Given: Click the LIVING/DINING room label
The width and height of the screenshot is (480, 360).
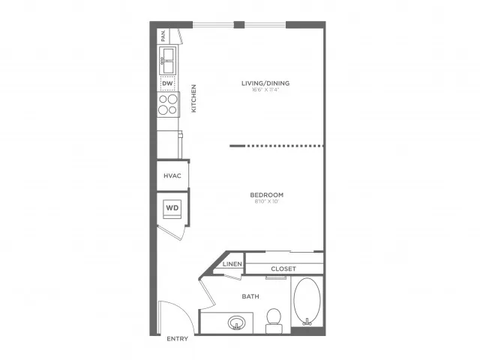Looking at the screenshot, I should point(265,83).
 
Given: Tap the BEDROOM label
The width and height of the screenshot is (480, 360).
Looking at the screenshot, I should point(266,195).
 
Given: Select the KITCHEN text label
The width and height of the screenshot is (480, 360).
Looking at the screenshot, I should point(193,97).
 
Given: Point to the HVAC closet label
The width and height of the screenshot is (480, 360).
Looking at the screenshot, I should point(172,175).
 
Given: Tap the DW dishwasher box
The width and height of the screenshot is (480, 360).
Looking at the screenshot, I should point(168,83).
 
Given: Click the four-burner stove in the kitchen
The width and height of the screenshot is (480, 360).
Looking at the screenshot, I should point(168,103).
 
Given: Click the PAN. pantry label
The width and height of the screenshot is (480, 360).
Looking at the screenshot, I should point(163,35).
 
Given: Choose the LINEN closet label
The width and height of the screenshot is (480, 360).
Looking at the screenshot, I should point(231,265).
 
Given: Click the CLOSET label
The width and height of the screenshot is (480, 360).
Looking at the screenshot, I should point(283,268).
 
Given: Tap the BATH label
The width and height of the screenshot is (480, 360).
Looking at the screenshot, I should point(250,296).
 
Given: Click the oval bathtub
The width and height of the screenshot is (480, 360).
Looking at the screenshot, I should point(306,301).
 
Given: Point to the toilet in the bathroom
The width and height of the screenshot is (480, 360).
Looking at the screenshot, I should point(274,319).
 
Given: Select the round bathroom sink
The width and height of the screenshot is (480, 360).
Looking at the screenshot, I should point(237,323).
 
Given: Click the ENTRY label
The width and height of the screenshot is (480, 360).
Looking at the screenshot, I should point(178,339).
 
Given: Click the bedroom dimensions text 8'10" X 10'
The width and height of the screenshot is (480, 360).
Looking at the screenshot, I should point(266,202).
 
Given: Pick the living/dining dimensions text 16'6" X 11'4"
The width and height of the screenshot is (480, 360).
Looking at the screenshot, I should point(265,91).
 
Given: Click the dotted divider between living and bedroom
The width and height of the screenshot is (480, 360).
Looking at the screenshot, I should point(277,146).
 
